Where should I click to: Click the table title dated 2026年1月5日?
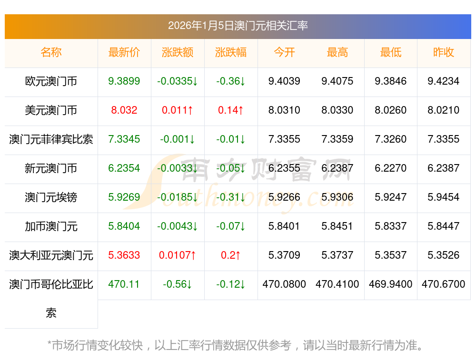pyautogui.click(x=238, y=26)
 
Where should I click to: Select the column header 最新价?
pyautogui.click(x=124, y=52)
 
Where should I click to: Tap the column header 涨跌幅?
pyautogui.click(x=231, y=52)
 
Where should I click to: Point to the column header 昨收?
pyautogui.click(x=444, y=52)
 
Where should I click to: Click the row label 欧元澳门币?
pyautogui.click(x=51, y=81)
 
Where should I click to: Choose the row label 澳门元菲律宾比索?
pyautogui.click(x=51, y=139)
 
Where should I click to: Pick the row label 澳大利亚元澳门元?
pyautogui.click(x=51, y=255)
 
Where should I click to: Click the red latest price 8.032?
pyautogui.click(x=124, y=110)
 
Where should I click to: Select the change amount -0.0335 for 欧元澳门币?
pyautogui.click(x=178, y=81)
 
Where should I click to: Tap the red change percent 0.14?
pyautogui.click(x=231, y=110)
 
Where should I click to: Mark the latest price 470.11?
pyautogui.click(x=124, y=284)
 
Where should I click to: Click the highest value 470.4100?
pyautogui.click(x=337, y=284)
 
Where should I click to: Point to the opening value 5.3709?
pyautogui.click(x=284, y=255)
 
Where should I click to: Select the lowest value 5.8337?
pyautogui.click(x=391, y=226)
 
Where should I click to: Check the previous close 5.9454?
pyautogui.click(x=444, y=197)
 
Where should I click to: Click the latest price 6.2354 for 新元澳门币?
pyautogui.click(x=124, y=168)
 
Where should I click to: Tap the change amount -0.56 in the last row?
pyautogui.click(x=178, y=284)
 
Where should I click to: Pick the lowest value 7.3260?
pyautogui.click(x=391, y=139)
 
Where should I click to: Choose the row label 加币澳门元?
pyautogui.click(x=51, y=226)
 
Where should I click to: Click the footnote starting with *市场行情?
pyautogui.click(x=236, y=345)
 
